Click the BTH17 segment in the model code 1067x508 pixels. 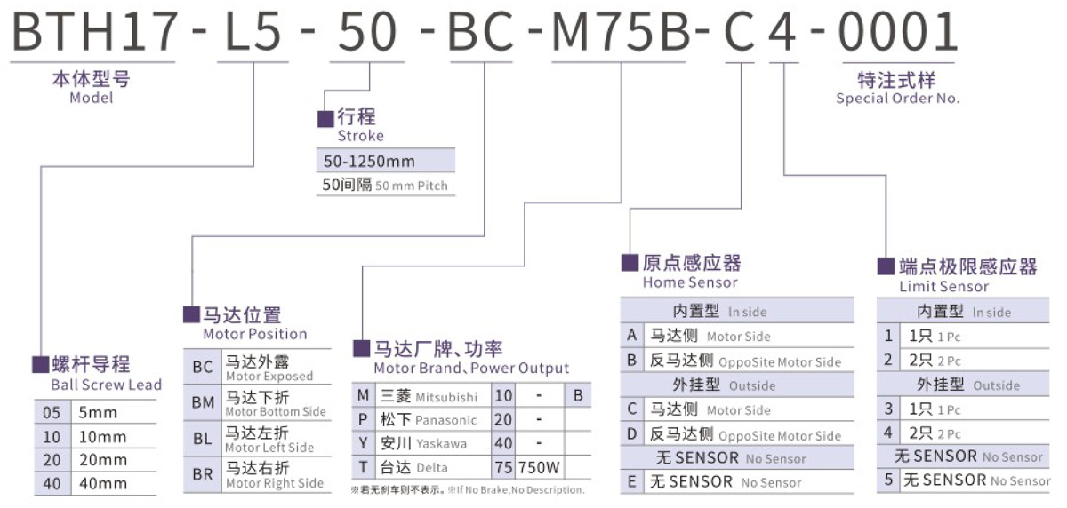coord(94,31)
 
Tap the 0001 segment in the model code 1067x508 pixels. coord(897,31)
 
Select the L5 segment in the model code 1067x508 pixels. coord(253,31)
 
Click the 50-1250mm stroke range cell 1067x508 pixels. coord(369,162)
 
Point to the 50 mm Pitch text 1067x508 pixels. coord(412,186)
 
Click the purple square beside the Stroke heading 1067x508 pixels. coord(325,119)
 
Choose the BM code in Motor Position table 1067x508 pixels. coord(203,402)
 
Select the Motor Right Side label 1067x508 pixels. coord(275,483)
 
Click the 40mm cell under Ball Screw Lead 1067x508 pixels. coord(103,483)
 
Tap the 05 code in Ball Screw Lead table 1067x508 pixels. coord(52,412)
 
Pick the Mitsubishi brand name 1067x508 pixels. coord(446,397)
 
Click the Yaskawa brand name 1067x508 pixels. coord(442,444)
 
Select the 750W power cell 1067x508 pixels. coord(539,467)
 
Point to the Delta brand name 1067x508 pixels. coord(431,468)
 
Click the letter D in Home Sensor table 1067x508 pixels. coord(632,433)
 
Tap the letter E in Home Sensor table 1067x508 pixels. coord(632,482)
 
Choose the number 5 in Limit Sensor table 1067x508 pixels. coord(889,480)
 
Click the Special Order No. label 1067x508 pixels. coord(898,98)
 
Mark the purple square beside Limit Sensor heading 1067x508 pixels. coord(886,266)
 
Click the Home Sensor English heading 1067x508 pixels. coord(690,282)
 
